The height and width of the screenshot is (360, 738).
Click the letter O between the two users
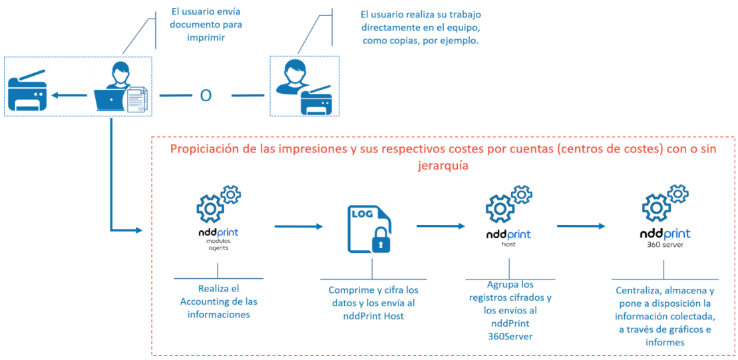point(206,96)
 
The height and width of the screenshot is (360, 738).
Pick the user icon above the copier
point(293,77)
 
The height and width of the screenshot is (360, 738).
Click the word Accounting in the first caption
point(207,301)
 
